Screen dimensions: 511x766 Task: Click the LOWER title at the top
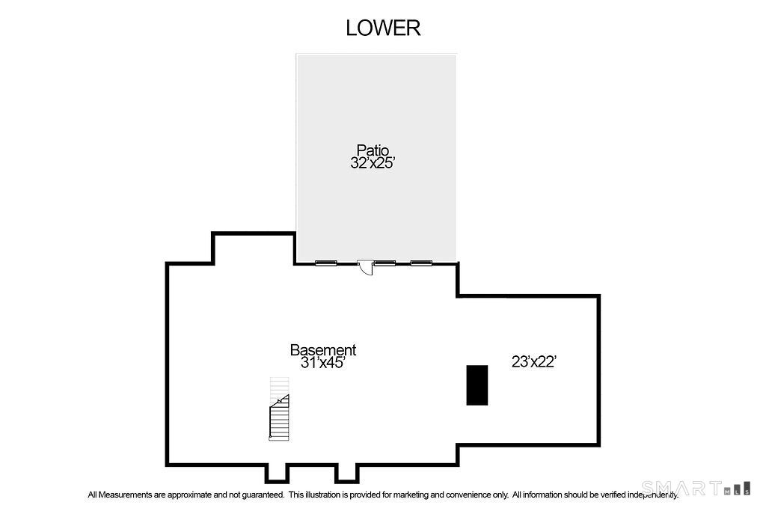coord(383,28)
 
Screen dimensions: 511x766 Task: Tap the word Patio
coord(373,150)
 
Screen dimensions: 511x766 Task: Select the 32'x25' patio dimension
coord(373,163)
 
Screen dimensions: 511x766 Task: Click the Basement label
coord(323,349)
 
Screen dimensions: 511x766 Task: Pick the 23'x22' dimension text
coord(534,362)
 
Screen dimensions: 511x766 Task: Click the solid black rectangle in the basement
coord(477,385)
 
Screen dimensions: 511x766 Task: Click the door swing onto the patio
coord(366,267)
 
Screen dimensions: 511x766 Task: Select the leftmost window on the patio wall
coord(325,263)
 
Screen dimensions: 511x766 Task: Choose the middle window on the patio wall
coord(384,263)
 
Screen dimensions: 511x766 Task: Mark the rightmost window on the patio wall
coord(421,263)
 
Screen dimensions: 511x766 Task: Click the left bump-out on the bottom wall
coord(277,473)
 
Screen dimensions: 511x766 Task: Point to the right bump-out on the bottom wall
coord(346,473)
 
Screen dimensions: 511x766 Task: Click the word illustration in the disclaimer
coord(322,495)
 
